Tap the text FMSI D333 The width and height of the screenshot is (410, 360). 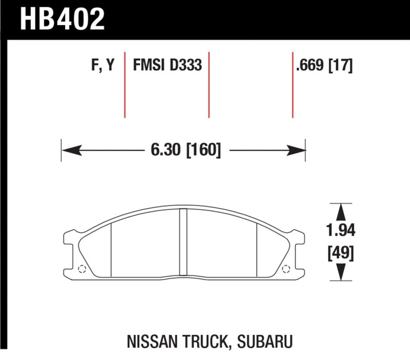[x=167, y=66]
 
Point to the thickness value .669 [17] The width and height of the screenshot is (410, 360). [x=323, y=66]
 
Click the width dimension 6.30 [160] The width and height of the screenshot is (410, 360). [x=186, y=151]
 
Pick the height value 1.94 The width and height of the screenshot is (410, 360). [x=339, y=231]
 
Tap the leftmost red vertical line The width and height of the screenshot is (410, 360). [x=125, y=85]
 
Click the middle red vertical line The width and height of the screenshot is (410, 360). [x=209, y=85]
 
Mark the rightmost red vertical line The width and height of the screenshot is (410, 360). [x=293, y=85]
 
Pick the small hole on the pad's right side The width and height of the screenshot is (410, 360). [x=285, y=269]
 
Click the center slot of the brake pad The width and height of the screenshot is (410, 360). [x=183, y=244]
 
